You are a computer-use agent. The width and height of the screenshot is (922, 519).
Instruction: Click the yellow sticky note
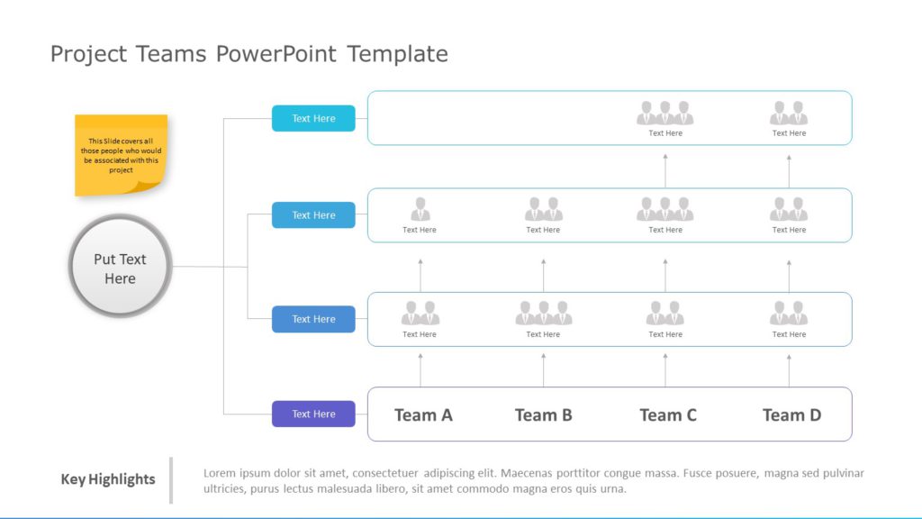click(x=121, y=154)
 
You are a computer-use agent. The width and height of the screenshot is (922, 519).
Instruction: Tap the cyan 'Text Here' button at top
click(x=313, y=118)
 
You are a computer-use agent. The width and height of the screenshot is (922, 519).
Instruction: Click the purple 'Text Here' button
click(x=313, y=414)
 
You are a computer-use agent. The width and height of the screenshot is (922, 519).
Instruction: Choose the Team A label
click(x=423, y=414)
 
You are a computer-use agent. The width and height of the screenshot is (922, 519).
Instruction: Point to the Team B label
click(x=543, y=414)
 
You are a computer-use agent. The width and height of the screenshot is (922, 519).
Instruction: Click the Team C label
click(x=667, y=414)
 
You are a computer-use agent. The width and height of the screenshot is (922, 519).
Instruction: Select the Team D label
click(x=791, y=414)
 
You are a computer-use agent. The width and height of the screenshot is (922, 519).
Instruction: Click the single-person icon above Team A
click(x=420, y=209)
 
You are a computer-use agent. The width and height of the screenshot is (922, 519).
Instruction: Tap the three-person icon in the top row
click(x=665, y=113)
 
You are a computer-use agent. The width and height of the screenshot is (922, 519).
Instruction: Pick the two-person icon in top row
click(x=789, y=113)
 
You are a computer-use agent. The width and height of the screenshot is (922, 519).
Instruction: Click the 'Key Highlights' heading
click(x=108, y=479)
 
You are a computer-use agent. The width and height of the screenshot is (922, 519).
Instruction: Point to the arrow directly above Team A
click(x=420, y=369)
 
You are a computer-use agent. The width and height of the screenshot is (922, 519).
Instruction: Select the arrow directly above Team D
click(x=789, y=369)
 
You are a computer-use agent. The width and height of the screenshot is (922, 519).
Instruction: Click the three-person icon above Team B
click(x=543, y=313)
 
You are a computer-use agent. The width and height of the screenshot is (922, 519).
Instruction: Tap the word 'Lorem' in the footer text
click(x=221, y=473)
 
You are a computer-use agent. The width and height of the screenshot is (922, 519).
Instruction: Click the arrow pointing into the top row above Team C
click(x=665, y=170)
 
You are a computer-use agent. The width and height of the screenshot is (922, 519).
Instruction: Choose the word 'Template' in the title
click(x=397, y=54)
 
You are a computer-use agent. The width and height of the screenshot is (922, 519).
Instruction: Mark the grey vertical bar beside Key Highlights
click(x=171, y=479)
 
